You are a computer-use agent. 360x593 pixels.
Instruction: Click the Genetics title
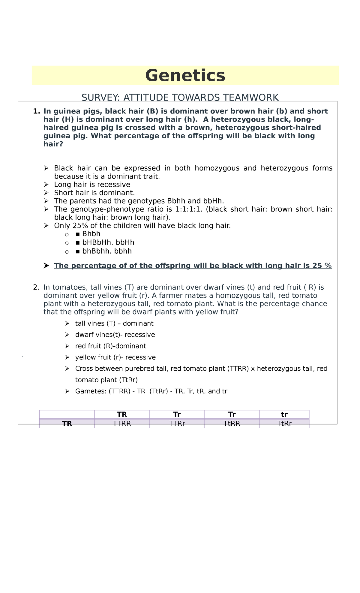click(185, 75)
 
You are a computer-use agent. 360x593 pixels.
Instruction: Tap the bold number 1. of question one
click(36, 111)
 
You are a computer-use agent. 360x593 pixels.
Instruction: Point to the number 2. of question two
click(36, 287)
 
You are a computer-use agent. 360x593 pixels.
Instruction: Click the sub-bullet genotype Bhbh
click(91, 234)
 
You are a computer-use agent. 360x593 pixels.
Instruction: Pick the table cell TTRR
click(122, 424)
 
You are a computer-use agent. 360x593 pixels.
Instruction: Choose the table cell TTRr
click(177, 424)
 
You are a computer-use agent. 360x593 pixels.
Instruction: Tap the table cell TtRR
click(232, 424)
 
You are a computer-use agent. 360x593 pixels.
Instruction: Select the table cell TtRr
click(284, 424)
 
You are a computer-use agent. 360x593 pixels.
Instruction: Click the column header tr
click(284, 415)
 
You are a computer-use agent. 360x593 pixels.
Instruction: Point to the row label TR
click(67, 424)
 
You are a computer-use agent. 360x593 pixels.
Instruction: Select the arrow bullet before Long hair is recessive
click(46, 185)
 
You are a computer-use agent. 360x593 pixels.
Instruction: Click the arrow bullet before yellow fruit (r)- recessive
click(67, 357)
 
